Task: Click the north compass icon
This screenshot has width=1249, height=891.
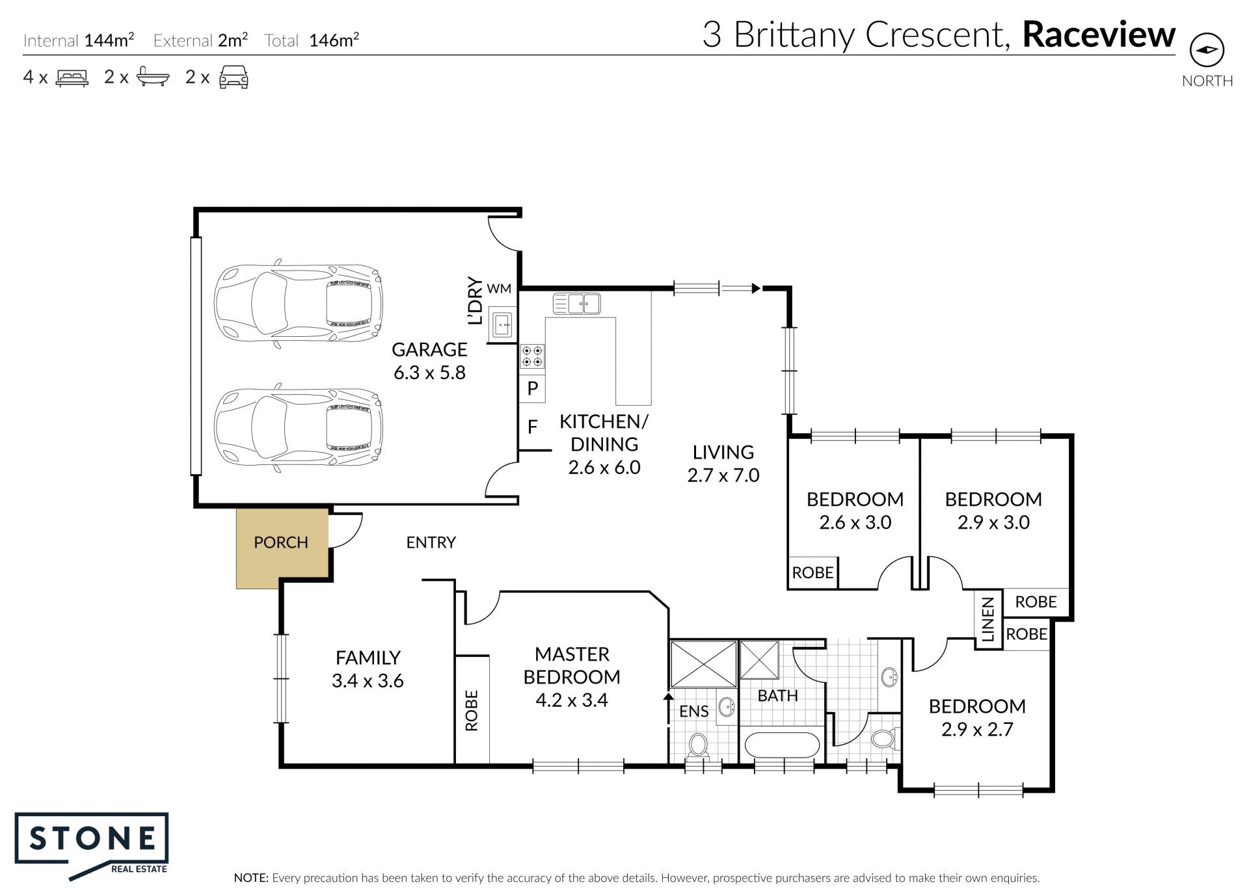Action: pyautogui.click(x=1207, y=50)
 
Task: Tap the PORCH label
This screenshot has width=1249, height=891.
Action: pyautogui.click(x=281, y=542)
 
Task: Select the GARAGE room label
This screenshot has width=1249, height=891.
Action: pyautogui.click(x=429, y=350)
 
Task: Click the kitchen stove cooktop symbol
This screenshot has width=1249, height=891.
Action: pyautogui.click(x=532, y=356)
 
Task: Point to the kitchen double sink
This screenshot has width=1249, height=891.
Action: pyautogui.click(x=576, y=303)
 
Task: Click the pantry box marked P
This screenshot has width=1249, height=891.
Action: pyautogui.click(x=532, y=388)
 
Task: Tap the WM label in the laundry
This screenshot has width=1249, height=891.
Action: pyautogui.click(x=499, y=288)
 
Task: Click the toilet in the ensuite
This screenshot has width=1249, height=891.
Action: pyautogui.click(x=699, y=745)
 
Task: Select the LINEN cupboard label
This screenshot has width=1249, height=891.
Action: pyautogui.click(x=988, y=620)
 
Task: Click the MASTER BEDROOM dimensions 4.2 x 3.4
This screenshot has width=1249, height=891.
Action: pyautogui.click(x=572, y=700)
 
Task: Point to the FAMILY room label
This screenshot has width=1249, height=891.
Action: pyautogui.click(x=368, y=658)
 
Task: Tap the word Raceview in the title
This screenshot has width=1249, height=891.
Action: pyautogui.click(x=1099, y=34)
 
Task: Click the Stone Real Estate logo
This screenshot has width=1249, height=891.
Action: pyautogui.click(x=92, y=845)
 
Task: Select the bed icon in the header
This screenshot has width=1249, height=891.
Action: pyautogui.click(x=72, y=77)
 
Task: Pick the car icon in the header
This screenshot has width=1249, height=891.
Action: pyautogui.click(x=234, y=77)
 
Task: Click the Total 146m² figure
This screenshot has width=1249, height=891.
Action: pyautogui.click(x=312, y=40)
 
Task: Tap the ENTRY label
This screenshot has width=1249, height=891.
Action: pyautogui.click(x=431, y=542)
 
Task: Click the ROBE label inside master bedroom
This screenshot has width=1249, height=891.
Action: pyautogui.click(x=472, y=711)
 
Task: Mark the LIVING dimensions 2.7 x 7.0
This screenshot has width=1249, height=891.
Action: pyautogui.click(x=723, y=475)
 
